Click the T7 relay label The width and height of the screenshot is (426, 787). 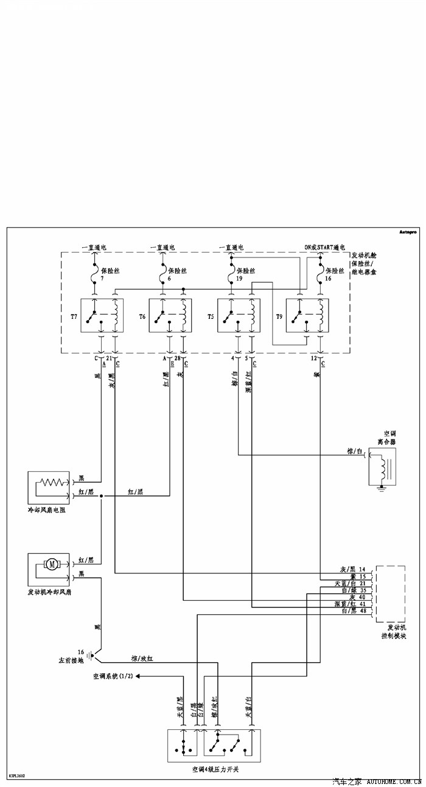point(74,317)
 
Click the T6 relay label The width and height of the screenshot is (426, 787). point(142,317)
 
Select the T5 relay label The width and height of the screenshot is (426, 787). point(211,317)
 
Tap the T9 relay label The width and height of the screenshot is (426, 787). point(279,317)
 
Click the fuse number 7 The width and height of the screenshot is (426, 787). point(102,278)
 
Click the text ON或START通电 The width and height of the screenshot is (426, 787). point(307,248)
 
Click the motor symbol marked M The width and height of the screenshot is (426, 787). point(52,564)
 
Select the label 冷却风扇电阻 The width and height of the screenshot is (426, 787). point(46,511)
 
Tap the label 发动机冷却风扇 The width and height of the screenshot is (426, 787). point(49,592)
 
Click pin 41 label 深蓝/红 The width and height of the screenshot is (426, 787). point(350,603)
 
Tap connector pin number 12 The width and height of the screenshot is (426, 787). point(314,359)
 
